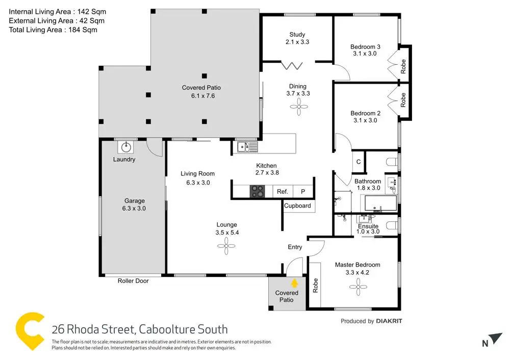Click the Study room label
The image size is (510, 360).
pos(297,35)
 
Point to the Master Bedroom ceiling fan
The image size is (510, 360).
pos(358,288)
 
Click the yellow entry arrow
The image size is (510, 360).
pos(294,282)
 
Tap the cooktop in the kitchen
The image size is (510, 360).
pos(258,191)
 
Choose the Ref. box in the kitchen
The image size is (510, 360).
pos(283,192)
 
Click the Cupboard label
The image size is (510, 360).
pos(297,206)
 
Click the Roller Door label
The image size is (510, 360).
pos(133,281)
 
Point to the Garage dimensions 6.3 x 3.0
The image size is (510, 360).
pos(135,208)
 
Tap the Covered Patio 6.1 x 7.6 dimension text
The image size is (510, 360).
pos(201,95)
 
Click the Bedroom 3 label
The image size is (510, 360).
pos(365,46)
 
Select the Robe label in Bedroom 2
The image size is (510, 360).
pos(403,99)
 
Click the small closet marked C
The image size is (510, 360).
pos(359,162)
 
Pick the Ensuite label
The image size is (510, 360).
pos(368,226)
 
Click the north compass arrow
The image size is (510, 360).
pos(495,339)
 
